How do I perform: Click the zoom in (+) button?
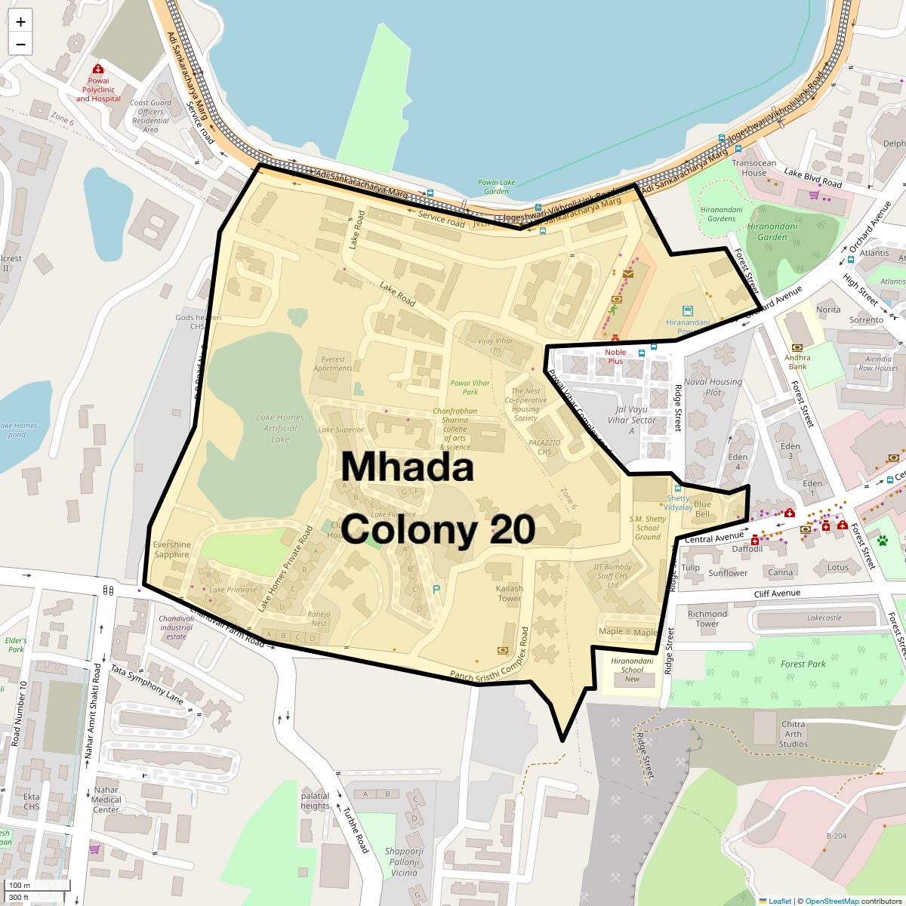click(x=20, y=22)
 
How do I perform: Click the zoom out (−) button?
click(x=20, y=45)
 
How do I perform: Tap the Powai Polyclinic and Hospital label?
click(x=98, y=90)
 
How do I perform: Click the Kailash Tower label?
click(x=510, y=593)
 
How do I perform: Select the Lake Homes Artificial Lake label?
click(x=279, y=428)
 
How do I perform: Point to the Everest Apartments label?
click(x=333, y=364)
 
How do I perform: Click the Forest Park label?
click(x=803, y=664)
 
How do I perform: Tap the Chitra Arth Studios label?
click(x=794, y=734)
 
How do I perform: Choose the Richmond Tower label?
click(x=707, y=619)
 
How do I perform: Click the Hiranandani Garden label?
click(x=772, y=232)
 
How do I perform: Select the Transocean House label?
click(x=753, y=168)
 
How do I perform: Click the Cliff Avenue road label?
click(x=777, y=593)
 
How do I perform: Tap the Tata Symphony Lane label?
click(x=148, y=685)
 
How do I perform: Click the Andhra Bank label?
click(x=797, y=362)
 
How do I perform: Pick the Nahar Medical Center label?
click(x=106, y=800)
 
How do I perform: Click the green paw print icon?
click(x=883, y=541)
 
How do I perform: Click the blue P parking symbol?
click(x=436, y=590)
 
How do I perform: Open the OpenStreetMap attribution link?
click(x=831, y=901)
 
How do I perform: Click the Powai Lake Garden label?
click(x=497, y=186)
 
